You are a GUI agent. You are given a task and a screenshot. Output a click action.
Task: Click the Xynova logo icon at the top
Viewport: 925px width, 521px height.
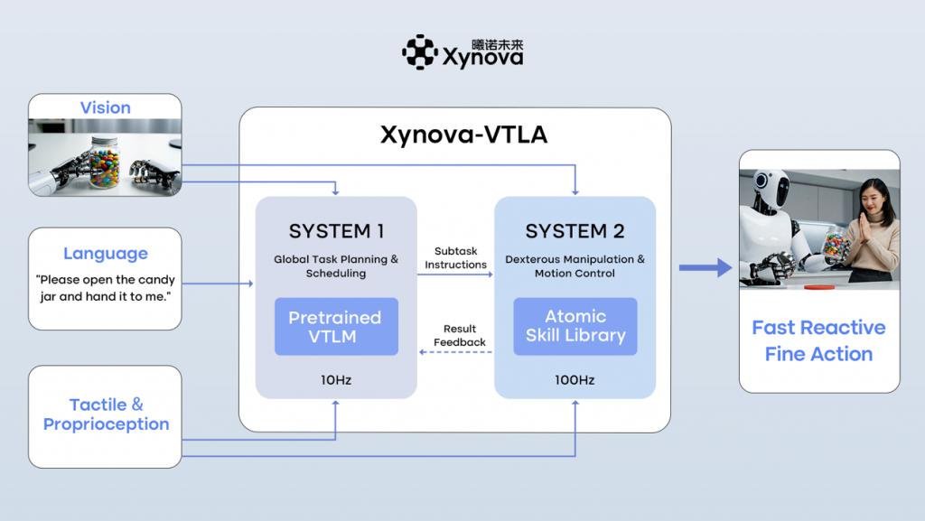(419, 51)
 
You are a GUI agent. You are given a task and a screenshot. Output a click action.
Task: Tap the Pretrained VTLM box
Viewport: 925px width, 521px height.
(335, 326)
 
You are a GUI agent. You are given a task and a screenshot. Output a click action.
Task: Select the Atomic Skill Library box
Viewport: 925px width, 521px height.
(575, 326)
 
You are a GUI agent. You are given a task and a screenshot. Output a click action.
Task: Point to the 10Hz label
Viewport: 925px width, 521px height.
(335, 380)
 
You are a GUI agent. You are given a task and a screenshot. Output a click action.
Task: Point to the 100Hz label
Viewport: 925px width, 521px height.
(575, 380)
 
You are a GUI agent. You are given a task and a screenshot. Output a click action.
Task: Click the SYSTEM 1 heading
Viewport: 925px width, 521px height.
(336, 231)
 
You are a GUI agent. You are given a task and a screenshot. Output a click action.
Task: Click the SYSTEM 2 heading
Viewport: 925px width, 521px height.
(575, 231)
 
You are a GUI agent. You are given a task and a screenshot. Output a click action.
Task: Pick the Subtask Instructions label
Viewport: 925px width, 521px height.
(455, 257)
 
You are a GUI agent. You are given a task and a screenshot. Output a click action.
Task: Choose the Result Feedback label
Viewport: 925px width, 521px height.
(459, 335)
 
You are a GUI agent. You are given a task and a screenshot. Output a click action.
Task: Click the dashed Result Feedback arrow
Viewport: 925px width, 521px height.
(456, 352)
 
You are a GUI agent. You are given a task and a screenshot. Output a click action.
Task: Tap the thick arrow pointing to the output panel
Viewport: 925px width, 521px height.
(705, 267)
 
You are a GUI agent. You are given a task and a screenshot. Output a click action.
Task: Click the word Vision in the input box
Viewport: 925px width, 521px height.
(105, 107)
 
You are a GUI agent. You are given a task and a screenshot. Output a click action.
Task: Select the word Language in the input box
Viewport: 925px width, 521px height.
(105, 254)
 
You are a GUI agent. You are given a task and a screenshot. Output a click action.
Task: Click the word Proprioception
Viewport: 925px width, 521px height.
(106, 423)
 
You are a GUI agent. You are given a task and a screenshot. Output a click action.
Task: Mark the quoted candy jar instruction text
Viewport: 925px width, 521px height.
(105, 288)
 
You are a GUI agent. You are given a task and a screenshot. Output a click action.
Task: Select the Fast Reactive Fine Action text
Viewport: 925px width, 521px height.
(818, 340)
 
